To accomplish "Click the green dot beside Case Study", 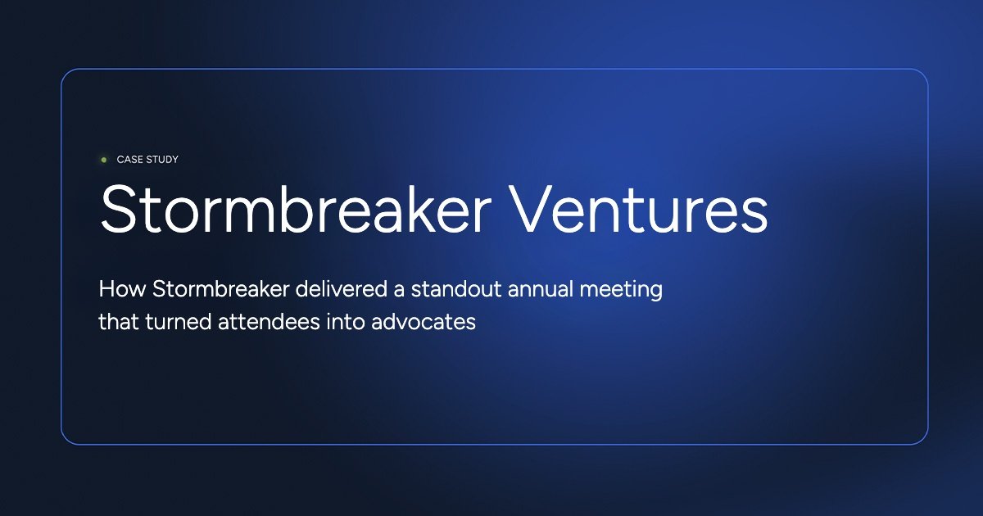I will tap(103, 160).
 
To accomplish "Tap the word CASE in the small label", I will tap(130, 160).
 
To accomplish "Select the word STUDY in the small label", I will tap(162, 160).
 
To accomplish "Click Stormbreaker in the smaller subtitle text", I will tap(199, 290).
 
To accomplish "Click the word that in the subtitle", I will tap(116, 322).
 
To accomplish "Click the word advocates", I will tap(424, 322).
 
